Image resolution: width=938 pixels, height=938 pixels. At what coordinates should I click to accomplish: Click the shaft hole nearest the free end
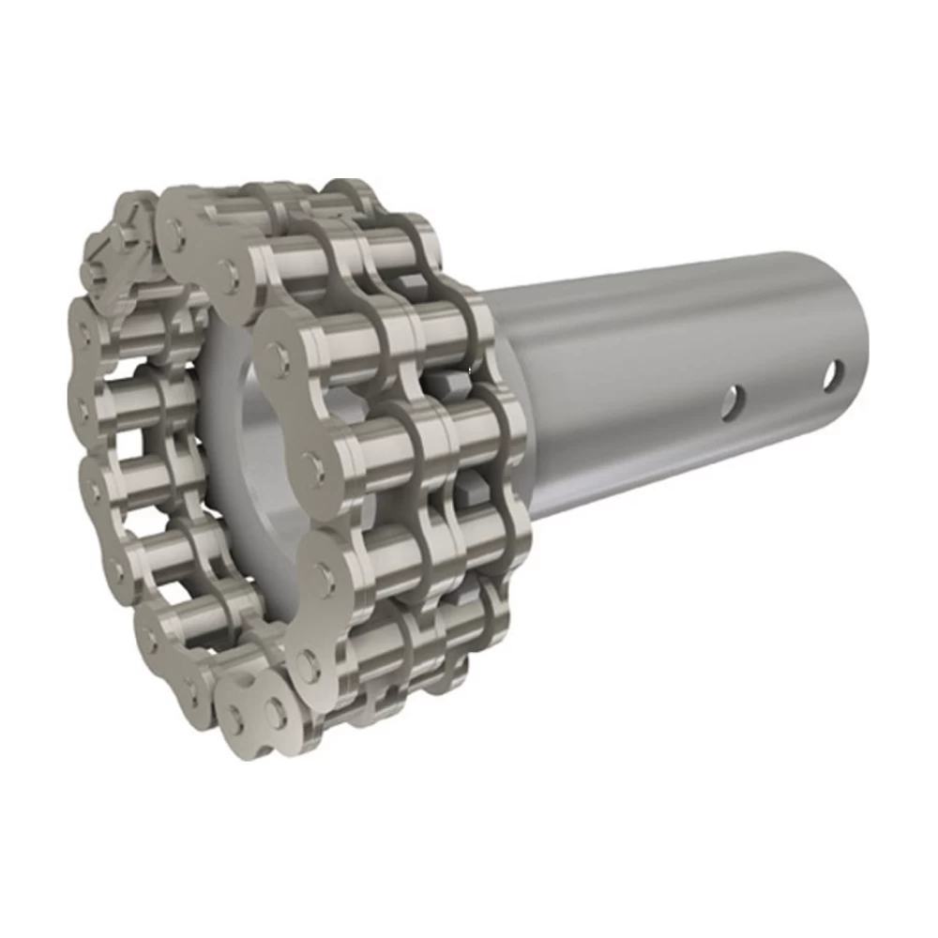click(x=832, y=376)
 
